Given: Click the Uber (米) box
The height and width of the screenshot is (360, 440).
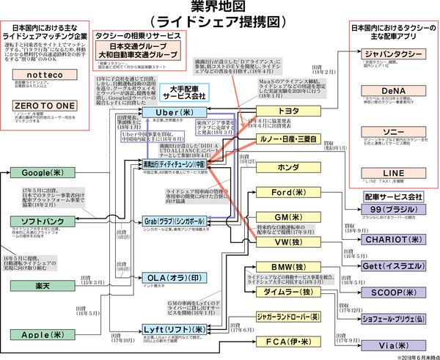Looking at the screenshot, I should point(174,111).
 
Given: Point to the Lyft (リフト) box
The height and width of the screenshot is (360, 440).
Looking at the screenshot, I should point(174,331).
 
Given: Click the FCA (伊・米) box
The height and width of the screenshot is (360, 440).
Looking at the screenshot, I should point(284,343).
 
